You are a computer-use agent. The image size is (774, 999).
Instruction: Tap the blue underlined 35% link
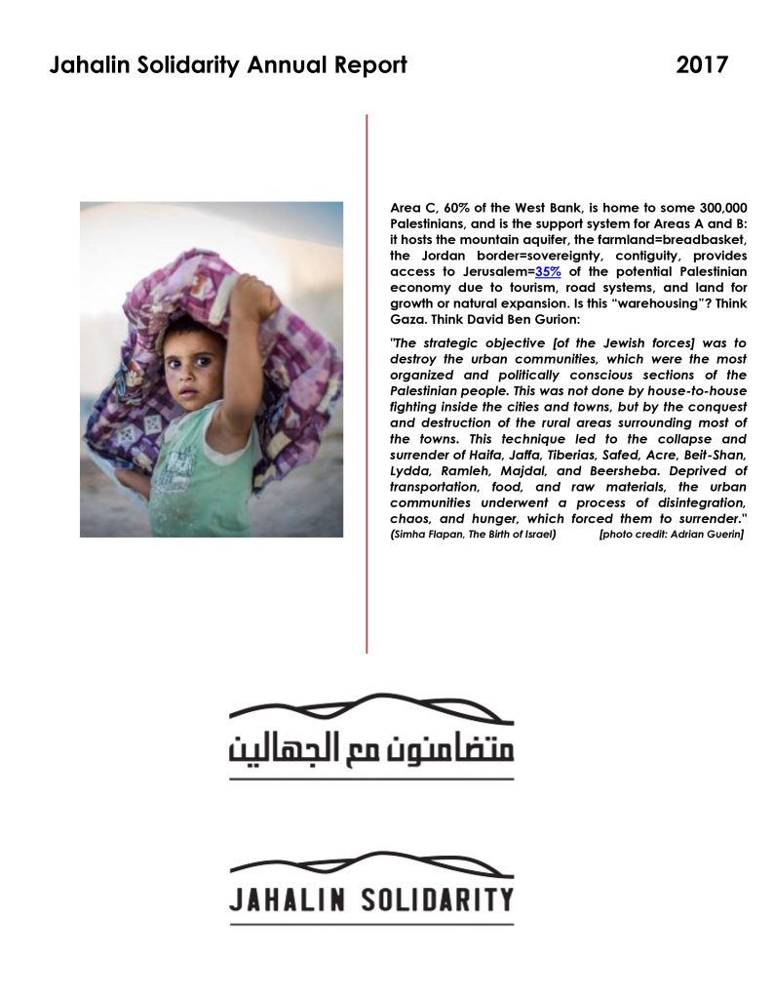[547, 270]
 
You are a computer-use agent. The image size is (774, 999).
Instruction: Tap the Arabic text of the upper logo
[371, 749]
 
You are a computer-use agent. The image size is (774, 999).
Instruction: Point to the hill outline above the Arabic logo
[370, 704]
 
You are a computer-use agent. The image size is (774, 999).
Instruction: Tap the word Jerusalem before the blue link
[494, 270]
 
